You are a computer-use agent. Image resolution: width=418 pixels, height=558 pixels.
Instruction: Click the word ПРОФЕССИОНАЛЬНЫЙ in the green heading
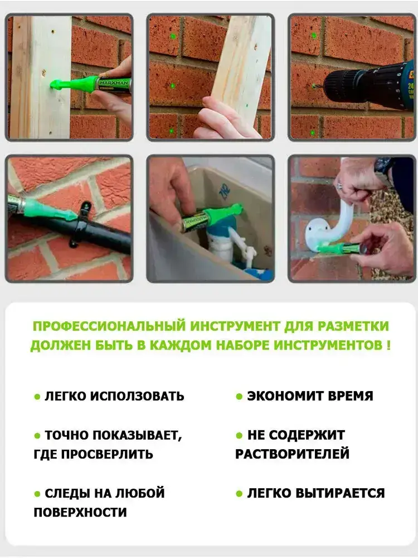(x=109, y=326)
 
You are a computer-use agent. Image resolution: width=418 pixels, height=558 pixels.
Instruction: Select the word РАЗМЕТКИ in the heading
(x=353, y=326)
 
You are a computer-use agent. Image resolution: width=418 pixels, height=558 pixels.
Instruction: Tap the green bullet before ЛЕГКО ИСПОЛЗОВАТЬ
(x=37, y=396)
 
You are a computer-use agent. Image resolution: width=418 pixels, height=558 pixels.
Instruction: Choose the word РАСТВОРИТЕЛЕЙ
(x=292, y=454)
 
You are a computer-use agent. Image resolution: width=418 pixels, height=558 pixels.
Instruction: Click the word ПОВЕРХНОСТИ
(x=80, y=512)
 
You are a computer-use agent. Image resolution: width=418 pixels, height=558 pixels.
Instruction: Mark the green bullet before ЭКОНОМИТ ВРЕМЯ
(x=239, y=396)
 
